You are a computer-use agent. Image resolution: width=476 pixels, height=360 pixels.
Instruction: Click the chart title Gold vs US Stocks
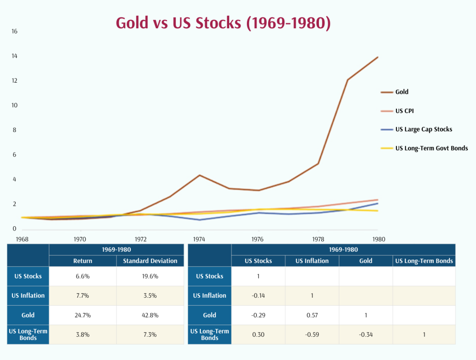click(x=223, y=23)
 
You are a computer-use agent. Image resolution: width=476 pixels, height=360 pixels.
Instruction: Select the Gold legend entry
click(x=402, y=92)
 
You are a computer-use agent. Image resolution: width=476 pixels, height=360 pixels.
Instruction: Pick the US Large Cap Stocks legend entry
click(x=423, y=129)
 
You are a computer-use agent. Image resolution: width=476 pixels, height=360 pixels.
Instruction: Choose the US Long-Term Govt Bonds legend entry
click(x=431, y=148)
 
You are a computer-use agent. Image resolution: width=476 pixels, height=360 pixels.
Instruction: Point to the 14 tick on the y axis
click(x=14, y=56)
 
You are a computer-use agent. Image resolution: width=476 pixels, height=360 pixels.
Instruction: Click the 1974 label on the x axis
click(x=199, y=239)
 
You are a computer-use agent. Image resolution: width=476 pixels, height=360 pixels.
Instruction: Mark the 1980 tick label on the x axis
click(x=377, y=239)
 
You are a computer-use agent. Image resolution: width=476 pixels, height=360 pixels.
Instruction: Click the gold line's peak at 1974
click(x=199, y=175)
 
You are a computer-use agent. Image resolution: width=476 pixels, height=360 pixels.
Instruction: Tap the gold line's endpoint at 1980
click(x=377, y=57)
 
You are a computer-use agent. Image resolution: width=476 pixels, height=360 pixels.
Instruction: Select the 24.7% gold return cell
click(x=83, y=315)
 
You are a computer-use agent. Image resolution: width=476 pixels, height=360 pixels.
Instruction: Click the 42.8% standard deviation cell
click(x=150, y=315)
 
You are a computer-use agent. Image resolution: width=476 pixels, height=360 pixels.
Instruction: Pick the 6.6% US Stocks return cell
click(x=83, y=276)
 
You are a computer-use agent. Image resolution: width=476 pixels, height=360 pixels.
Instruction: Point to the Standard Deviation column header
click(x=150, y=261)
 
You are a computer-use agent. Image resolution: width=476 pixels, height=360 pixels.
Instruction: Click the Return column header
click(x=83, y=261)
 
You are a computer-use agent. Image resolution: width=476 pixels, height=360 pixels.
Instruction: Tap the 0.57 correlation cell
click(x=312, y=315)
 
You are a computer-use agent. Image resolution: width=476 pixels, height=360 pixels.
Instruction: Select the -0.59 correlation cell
click(x=312, y=334)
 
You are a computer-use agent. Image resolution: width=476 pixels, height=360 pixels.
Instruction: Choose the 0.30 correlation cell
click(x=258, y=334)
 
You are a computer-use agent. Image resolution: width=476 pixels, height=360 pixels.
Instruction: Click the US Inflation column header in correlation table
click(x=312, y=261)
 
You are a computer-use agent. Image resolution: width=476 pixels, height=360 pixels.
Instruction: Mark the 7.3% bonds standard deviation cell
click(x=150, y=334)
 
